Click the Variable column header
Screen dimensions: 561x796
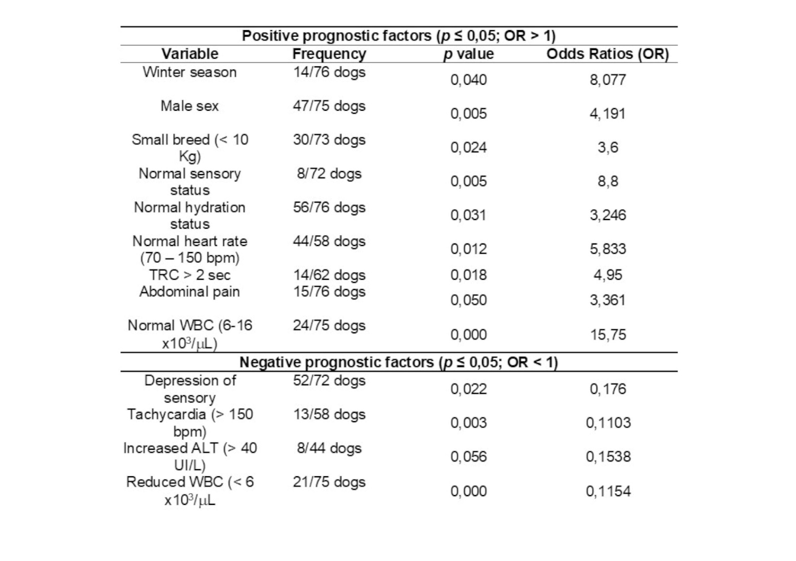tap(189, 54)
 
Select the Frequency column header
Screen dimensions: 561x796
tap(329, 54)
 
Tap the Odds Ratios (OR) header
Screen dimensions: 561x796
tap(608, 54)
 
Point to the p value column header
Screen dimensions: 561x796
tap(468, 54)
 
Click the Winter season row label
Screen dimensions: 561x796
tap(189, 72)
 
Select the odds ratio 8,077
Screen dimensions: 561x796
tap(608, 80)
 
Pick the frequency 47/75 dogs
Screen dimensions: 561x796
tap(329, 106)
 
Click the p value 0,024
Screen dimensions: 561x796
tap(468, 148)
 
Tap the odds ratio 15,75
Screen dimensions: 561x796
tap(608, 335)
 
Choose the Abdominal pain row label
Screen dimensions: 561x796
tap(189, 291)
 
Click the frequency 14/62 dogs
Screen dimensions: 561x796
tap(329, 275)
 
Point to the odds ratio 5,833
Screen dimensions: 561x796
tap(608, 249)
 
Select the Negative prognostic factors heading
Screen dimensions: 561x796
tap(398, 362)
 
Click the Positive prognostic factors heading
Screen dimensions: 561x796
tap(398, 36)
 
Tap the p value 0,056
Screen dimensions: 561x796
tap(468, 456)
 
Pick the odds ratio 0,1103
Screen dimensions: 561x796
tap(608, 423)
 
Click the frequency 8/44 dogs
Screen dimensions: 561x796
tap(329, 448)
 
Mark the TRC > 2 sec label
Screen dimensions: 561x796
tap(189, 275)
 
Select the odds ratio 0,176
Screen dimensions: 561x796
tap(608, 389)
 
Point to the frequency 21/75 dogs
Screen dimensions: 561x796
tap(329, 482)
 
